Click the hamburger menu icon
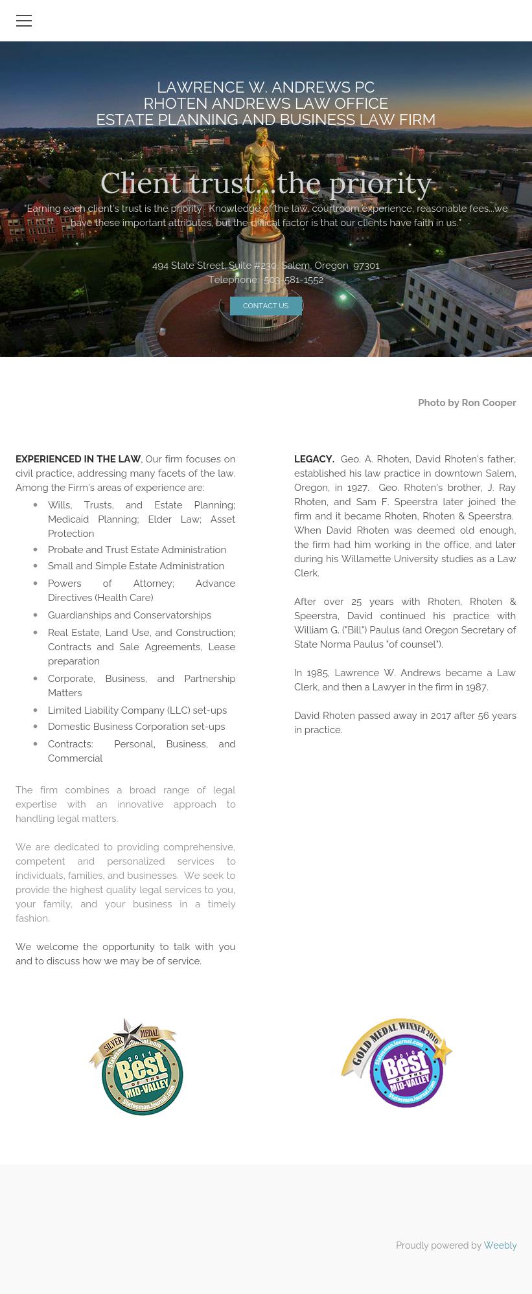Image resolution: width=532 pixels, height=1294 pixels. pyautogui.click(x=24, y=21)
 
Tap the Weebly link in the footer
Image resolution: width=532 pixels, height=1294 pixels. pyautogui.click(x=500, y=1245)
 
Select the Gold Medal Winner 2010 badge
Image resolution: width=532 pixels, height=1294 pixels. pyautogui.click(x=397, y=1063)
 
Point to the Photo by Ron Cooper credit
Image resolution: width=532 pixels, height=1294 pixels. pyautogui.click(x=467, y=403)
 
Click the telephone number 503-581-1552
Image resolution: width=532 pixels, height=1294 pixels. pyautogui.click(x=294, y=280)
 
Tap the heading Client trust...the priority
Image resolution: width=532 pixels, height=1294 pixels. pyautogui.click(x=266, y=183)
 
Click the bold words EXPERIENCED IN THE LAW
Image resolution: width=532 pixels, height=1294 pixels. pyautogui.click(x=78, y=459)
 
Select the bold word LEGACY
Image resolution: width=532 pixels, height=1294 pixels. pyautogui.click(x=314, y=459)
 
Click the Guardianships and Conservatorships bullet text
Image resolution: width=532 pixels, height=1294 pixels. pyautogui.click(x=130, y=615)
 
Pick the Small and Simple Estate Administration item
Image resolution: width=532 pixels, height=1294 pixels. pyautogui.click(x=136, y=566)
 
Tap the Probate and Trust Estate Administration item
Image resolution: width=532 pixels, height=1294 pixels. pyautogui.click(x=137, y=550)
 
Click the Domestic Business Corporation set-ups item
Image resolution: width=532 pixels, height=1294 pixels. pyautogui.click(x=136, y=727)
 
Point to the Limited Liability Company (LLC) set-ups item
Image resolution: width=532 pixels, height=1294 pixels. pyautogui.click(x=137, y=710)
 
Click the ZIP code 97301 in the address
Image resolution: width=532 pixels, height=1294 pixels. pyautogui.click(x=367, y=266)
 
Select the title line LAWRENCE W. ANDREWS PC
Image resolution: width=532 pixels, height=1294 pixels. pyautogui.click(x=266, y=87)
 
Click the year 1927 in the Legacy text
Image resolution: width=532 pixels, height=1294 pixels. pyautogui.click(x=358, y=488)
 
